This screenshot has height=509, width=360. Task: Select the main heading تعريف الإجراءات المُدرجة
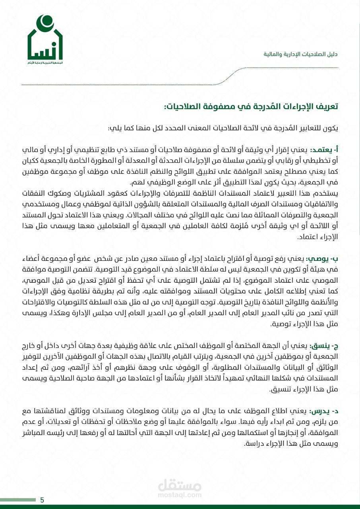point(251,106)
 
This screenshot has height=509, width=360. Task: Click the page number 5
point(42,500)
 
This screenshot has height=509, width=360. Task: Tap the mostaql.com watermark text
point(180,495)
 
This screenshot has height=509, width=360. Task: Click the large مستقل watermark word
point(180,485)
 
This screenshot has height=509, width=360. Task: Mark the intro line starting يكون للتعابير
point(223,128)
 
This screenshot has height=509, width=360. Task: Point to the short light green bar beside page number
point(18,500)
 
